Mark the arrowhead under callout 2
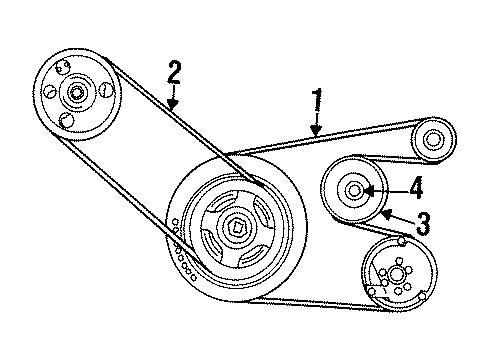pyautogui.click(x=171, y=107)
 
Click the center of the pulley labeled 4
pyautogui.click(x=354, y=190)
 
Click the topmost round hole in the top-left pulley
pyautogui.click(x=63, y=67)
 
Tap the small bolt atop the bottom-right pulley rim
pyautogui.click(x=400, y=241)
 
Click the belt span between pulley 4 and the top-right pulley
pyautogui.click(x=390, y=160)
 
